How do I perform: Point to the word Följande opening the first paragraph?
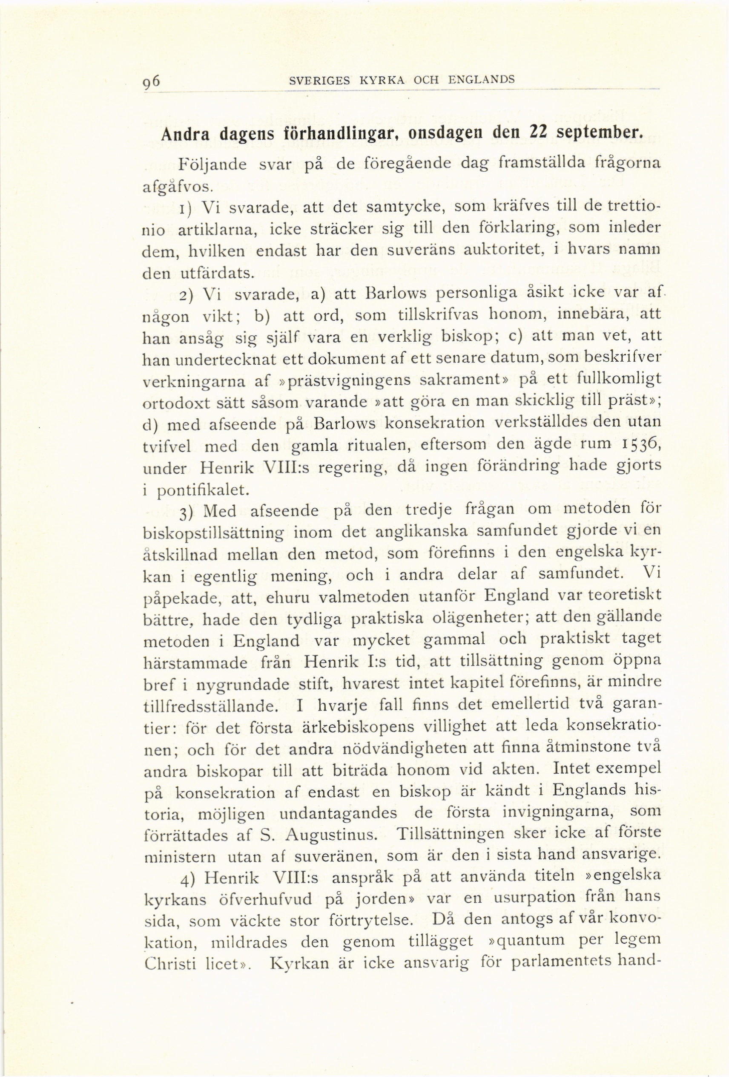(212, 165)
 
